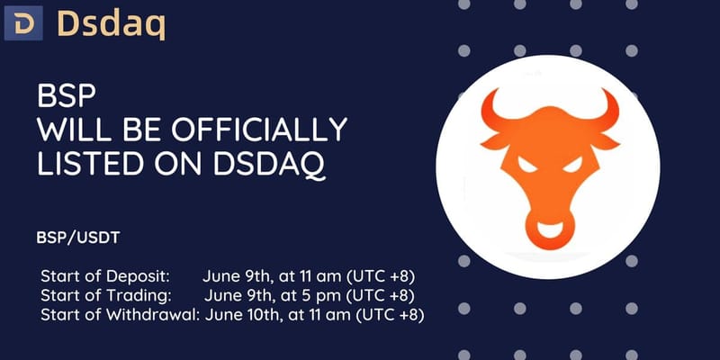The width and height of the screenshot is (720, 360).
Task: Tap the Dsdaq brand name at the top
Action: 110,24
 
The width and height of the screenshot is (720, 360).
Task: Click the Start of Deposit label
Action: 100,274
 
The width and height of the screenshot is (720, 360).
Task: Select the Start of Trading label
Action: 96,294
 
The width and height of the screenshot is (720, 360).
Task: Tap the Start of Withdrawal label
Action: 119,315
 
